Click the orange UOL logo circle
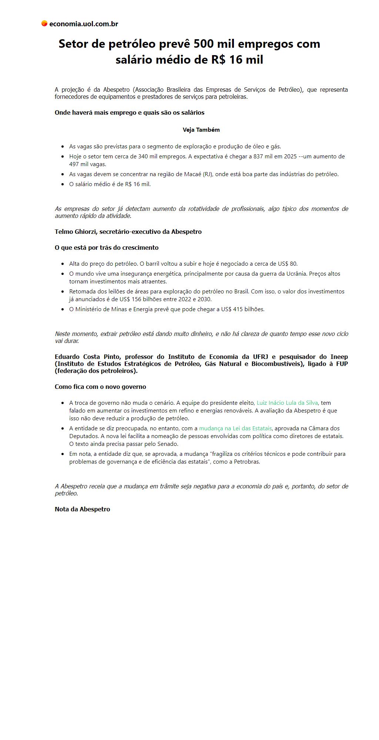pyautogui.click(x=44, y=24)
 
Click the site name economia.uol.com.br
pyautogui.click(x=84, y=24)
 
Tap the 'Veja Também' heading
pyautogui.click(x=201, y=130)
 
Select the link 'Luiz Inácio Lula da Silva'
pyautogui.click(x=287, y=403)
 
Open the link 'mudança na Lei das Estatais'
pyautogui.click(x=235, y=428)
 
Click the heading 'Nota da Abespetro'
pyautogui.click(x=82, y=509)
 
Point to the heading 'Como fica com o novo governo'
pyautogui.click(x=100, y=387)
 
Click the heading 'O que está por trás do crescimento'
pyautogui.click(x=107, y=248)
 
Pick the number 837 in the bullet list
pyautogui.click(x=258, y=157)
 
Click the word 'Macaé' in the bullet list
pyautogui.click(x=192, y=174)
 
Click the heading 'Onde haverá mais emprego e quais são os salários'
pyautogui.click(x=130, y=112)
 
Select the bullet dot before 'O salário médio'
pyautogui.click(x=63, y=184)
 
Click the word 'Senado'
pyautogui.click(x=168, y=444)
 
